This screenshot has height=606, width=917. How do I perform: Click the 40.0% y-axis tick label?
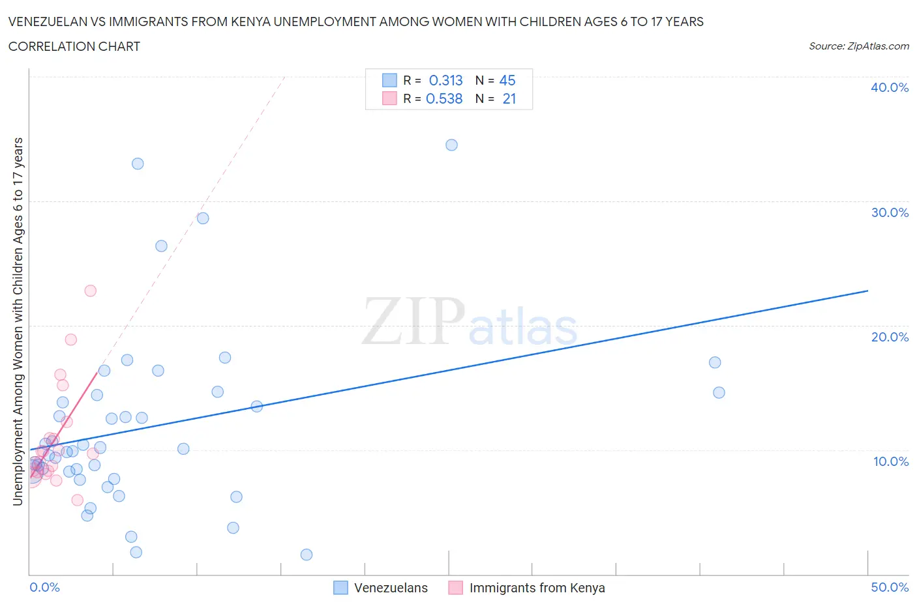coord(889,87)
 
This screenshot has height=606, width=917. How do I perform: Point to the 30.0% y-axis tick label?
coord(889,212)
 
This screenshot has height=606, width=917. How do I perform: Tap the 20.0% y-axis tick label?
coord(889,337)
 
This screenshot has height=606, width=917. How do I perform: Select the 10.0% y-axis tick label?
coord(890,461)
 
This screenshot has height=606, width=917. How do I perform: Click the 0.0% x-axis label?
coord(44,587)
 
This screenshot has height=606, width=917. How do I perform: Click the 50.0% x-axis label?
coord(889,587)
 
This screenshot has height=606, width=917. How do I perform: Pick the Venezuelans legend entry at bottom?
coord(390,588)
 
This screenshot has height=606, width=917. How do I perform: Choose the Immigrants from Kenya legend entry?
coord(536,588)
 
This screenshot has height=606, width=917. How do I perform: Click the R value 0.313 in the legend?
coord(445,80)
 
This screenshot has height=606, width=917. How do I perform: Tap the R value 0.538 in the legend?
coord(444,98)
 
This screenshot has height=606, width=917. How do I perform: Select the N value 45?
coord(507,80)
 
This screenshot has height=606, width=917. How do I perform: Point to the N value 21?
coord(509,98)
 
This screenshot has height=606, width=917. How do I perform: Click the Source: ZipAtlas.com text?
coord(858,46)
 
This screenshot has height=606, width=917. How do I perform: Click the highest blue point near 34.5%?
coord(451,145)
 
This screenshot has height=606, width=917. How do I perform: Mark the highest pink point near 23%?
coord(91,291)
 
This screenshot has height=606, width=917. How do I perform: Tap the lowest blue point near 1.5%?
coord(307,555)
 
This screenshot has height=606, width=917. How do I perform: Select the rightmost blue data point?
coord(719,392)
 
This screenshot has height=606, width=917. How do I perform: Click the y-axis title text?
coord(18,321)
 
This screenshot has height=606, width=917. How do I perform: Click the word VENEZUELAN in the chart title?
coord(46,22)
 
